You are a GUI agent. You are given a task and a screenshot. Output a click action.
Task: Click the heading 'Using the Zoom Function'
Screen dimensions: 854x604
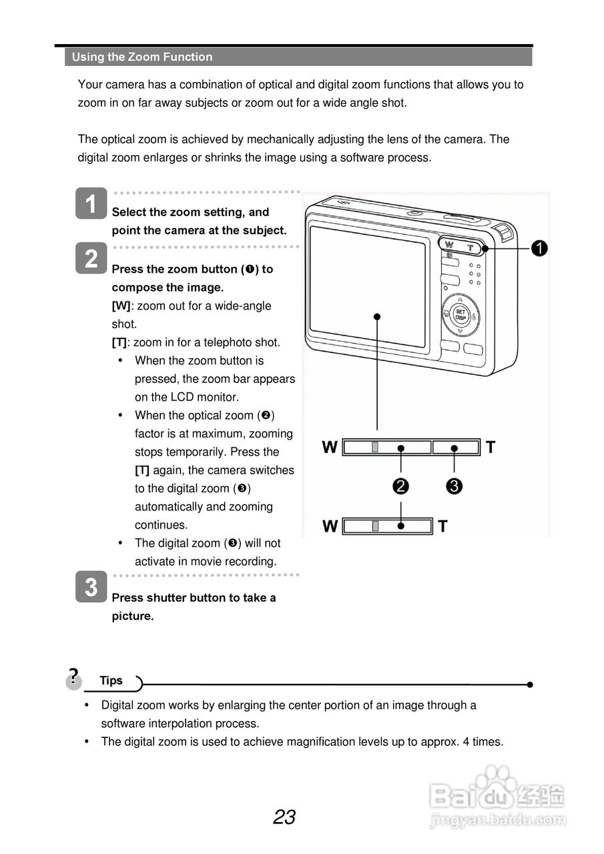142,57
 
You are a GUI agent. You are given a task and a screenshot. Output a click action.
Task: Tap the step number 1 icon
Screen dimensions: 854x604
91,203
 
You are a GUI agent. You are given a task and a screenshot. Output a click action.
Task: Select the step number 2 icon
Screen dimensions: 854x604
91,258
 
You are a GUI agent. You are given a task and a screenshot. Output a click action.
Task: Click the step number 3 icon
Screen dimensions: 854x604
91,587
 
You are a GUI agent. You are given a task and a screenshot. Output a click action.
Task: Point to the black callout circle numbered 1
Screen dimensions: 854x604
539,248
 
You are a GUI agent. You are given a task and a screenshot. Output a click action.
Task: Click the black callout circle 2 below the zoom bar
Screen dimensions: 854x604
400,486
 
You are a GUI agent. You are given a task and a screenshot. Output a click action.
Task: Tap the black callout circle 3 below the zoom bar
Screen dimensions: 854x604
454,486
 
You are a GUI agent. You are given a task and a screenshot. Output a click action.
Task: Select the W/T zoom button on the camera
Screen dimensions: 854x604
460,246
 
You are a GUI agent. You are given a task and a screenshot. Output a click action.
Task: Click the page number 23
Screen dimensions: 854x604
284,817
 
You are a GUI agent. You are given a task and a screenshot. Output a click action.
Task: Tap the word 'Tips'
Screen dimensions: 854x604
111,681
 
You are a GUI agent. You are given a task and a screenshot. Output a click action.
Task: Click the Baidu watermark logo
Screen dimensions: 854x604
497,798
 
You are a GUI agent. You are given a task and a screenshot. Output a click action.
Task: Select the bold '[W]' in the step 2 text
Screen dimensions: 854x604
121,306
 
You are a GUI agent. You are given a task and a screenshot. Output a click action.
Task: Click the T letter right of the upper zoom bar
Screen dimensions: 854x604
491,448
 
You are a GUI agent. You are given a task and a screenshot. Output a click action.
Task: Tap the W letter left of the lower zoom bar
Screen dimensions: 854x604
330,526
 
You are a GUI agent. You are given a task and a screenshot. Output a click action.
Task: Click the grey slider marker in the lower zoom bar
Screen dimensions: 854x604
376,526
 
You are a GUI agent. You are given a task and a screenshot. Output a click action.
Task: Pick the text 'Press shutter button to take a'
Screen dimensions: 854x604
194,598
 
